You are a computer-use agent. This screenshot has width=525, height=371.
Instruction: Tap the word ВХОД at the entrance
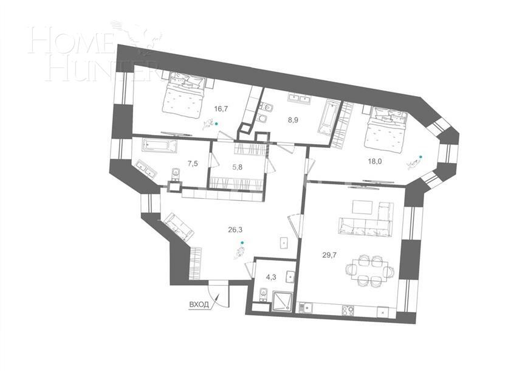[x=198, y=303]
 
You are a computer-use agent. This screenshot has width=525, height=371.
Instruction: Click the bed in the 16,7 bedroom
[x=183, y=95]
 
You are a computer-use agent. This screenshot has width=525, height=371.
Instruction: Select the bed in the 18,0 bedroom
[x=386, y=130]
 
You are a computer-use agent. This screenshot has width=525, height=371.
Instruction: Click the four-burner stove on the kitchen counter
[x=349, y=310]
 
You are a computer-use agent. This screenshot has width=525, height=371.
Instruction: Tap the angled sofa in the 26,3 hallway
[x=178, y=227]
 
